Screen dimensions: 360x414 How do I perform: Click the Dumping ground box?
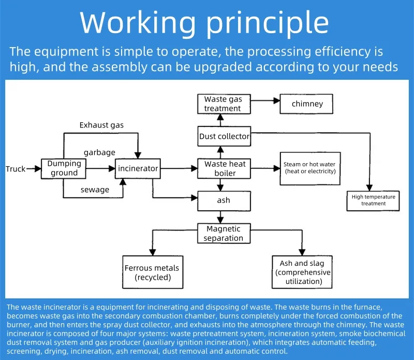64,168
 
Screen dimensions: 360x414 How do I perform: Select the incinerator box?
138,168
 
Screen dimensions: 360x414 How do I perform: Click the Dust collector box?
224,137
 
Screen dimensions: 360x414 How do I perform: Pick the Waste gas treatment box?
223,104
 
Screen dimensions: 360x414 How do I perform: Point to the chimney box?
307,104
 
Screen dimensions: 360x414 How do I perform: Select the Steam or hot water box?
310,168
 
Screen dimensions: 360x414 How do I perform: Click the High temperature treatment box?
373,200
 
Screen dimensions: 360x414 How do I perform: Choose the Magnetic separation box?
223,233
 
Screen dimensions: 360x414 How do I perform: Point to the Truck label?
16,169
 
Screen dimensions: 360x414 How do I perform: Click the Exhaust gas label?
101,125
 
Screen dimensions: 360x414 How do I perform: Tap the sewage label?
95,190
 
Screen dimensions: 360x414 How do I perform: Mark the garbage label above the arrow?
99,152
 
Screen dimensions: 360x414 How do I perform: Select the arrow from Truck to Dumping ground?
34,168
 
